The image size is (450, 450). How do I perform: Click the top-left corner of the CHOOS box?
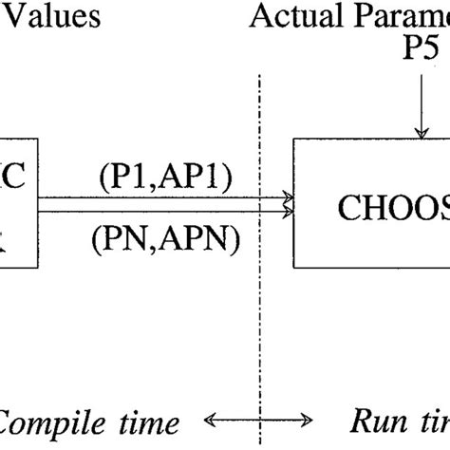(294, 140)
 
